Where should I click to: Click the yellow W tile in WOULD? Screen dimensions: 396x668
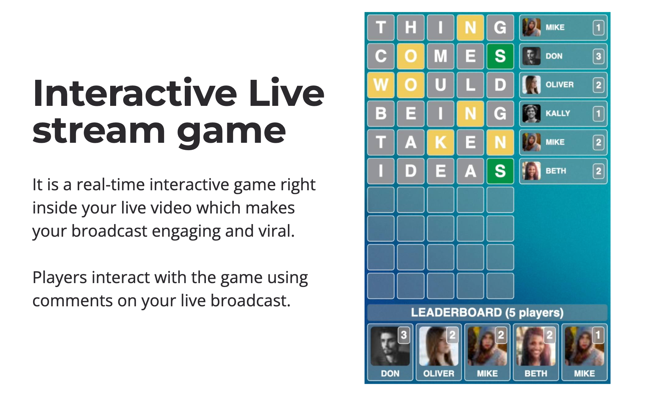tap(380, 85)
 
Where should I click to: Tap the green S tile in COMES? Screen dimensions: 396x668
tap(500, 56)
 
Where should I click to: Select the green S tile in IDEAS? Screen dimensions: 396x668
tap(500, 171)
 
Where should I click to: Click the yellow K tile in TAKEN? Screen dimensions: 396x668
tap(440, 142)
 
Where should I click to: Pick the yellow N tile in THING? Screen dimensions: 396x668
tap(470, 27)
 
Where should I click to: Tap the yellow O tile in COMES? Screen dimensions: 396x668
tap(410, 56)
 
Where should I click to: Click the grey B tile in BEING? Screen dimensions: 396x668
tap(380, 114)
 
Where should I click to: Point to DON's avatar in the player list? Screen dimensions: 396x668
tap(531, 56)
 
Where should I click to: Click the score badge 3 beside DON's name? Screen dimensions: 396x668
tap(598, 56)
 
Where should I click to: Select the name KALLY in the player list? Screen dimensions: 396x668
tap(557, 114)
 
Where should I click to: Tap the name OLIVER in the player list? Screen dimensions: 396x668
tap(559, 85)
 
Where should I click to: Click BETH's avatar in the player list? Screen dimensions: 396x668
tap(531, 171)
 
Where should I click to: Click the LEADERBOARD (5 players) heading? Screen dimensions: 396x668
tap(487, 313)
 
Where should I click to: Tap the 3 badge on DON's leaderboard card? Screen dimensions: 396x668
tap(404, 335)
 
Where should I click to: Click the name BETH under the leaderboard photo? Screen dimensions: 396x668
tap(536, 373)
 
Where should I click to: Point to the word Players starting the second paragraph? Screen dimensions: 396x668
tap(59, 277)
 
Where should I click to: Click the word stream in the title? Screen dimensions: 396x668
tap(99, 131)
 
